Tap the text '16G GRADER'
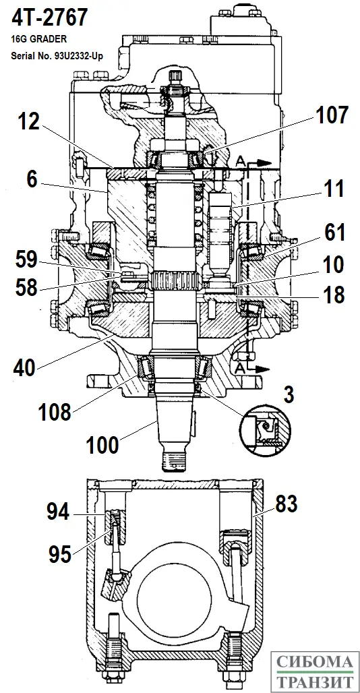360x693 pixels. (x=39, y=39)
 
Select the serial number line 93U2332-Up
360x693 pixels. (x=57, y=57)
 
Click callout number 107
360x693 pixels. (x=331, y=115)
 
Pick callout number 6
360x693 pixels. (x=32, y=180)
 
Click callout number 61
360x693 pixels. (x=335, y=232)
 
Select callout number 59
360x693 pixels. (x=26, y=261)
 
